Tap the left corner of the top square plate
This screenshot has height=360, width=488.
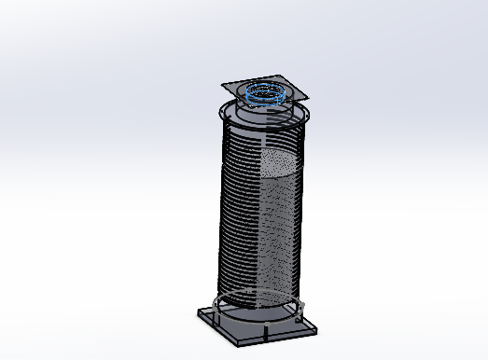(x=223, y=87)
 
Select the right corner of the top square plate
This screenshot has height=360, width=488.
(x=307, y=93)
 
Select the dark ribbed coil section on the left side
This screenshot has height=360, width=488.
(x=237, y=215)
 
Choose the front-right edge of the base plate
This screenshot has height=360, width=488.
(x=281, y=337)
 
